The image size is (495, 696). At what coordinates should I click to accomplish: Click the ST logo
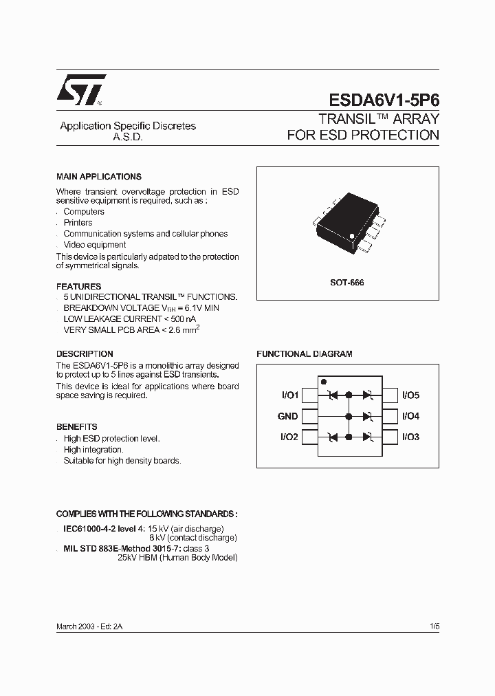coord(80,89)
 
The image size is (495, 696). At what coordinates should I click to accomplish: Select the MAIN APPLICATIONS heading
coord(99,177)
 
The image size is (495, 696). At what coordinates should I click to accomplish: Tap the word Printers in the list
coord(78,223)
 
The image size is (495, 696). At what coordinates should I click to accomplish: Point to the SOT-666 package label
coord(348,283)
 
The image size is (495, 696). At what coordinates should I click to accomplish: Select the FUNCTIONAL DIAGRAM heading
coord(305,354)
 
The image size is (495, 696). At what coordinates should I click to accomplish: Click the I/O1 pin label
coord(289,395)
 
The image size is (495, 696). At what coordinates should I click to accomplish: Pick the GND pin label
coord(288,416)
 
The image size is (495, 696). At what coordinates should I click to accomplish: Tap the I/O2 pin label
coord(289,437)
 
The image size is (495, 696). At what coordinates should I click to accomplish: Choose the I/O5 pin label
coord(410,395)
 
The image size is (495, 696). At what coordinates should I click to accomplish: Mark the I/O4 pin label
coord(410,416)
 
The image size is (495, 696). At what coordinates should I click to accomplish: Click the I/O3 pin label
coord(410,437)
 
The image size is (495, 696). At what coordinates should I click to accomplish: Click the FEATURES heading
coord(78,286)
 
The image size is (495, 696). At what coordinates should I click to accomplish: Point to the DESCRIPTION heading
coord(85,354)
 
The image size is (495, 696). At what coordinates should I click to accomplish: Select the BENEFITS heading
coord(77,426)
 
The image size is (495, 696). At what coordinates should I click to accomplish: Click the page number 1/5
coord(434,627)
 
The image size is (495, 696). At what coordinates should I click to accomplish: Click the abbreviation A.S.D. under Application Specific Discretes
coord(127,137)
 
